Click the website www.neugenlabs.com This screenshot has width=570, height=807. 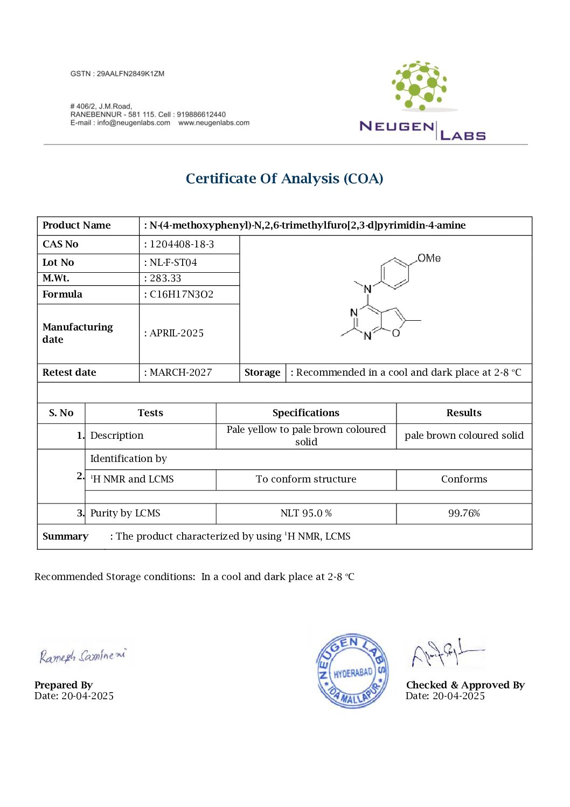pos(214,123)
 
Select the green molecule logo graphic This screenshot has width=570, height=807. pos(419,85)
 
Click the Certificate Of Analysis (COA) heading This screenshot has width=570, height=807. pos(284,178)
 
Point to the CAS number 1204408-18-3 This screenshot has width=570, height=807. pos(182,244)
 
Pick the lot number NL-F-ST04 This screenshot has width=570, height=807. pos(173,263)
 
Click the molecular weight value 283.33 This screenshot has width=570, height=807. pos(165,278)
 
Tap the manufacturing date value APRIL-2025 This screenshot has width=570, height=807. pos(177,333)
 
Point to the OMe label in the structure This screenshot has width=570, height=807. pos(429,258)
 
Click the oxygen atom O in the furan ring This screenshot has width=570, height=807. pos(396,333)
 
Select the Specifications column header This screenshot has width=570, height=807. pos(305,413)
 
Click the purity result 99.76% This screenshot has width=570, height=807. pos(464,513)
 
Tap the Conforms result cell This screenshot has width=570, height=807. pos(464,479)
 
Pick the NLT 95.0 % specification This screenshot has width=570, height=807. pos(305,513)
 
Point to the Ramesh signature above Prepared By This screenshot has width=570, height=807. pos(82,656)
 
